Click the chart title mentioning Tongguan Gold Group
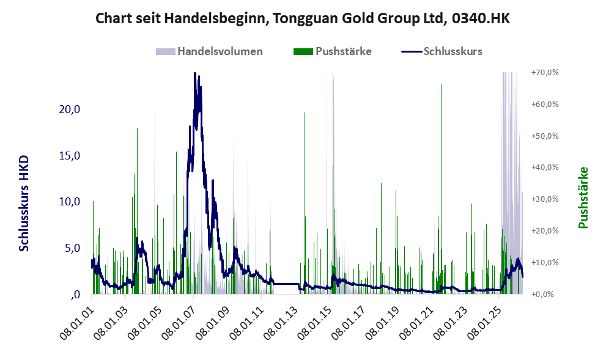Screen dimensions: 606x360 tap(303, 18)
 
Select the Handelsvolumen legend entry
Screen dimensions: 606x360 tap(209, 51)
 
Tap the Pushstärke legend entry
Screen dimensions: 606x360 tap(333, 51)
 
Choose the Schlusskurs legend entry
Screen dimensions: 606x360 tap(442, 51)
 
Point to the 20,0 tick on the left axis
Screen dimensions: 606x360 tap(70, 109)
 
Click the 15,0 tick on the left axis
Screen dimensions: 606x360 tap(70, 156)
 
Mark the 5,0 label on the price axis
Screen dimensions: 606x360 tap(72, 248)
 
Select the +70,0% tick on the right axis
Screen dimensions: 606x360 tap(545, 73)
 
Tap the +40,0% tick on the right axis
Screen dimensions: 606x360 tap(545, 167)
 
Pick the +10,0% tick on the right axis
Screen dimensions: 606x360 tap(545, 262)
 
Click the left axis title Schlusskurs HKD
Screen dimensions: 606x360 tap(24, 204)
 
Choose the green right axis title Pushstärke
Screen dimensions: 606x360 tap(583, 197)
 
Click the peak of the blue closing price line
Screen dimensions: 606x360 tap(195, 73)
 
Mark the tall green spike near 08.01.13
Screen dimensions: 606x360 tap(305, 203)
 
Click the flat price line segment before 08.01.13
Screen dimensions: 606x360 tap(286, 284)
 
